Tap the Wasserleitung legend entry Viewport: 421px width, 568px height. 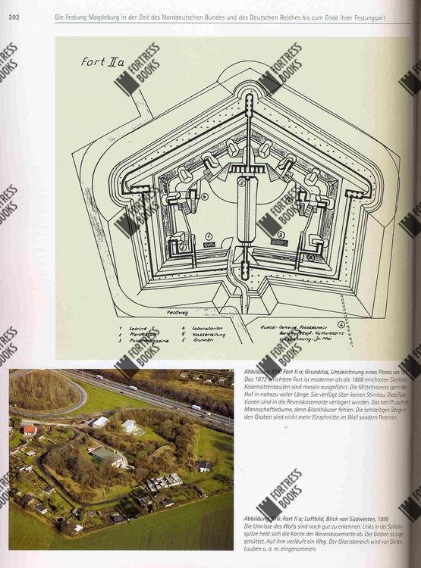200,335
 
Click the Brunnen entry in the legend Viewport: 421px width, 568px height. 196,342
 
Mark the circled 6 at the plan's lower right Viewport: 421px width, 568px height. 310,257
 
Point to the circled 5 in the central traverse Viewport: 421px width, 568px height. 241,182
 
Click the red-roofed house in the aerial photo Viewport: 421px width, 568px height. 29,430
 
